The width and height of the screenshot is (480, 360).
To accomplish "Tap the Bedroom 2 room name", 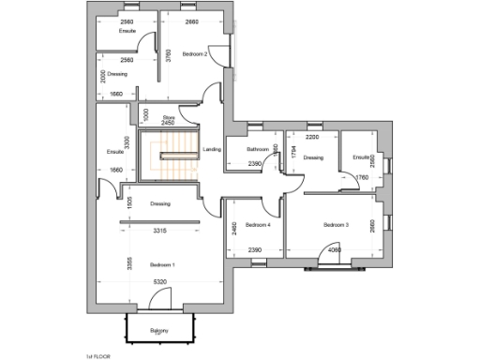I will pos(195,54).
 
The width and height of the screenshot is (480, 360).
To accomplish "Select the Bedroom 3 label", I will pos(336,225).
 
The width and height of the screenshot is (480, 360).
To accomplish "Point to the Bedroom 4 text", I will pos(258,225).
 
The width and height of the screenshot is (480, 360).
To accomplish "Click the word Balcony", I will pos(159,331).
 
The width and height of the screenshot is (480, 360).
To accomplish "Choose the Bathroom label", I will pos(259,150).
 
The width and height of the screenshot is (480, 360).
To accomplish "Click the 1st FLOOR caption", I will pos(97,357).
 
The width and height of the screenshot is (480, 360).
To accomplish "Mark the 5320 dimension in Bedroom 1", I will pos(160,281).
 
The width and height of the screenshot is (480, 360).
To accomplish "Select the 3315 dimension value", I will pos(160,230).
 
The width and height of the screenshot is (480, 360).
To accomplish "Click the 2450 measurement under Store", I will pos(169,123).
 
